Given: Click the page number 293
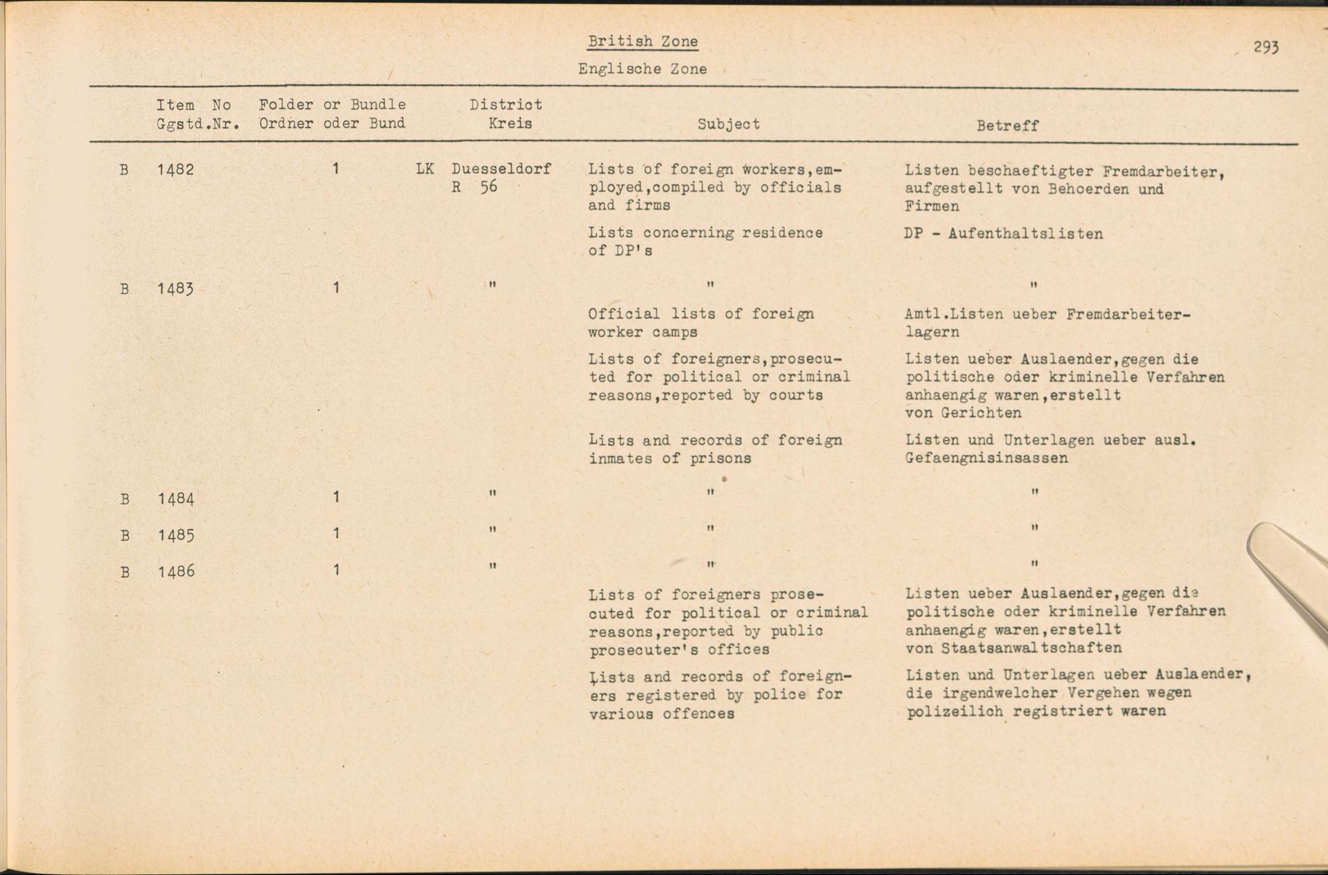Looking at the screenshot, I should [x=1266, y=47].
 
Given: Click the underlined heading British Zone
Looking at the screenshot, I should [x=643, y=41].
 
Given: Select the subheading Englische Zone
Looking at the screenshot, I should [x=642, y=69].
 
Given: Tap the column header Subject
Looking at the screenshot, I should [x=728, y=124].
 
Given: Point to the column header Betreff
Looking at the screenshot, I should [x=1007, y=125].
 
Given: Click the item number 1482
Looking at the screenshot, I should [x=176, y=170].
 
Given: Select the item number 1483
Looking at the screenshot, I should [x=176, y=289].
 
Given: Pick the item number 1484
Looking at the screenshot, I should [x=176, y=498].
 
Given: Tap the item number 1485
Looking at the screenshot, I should [x=176, y=534].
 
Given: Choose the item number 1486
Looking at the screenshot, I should [x=176, y=571].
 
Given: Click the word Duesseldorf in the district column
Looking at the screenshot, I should [x=501, y=169].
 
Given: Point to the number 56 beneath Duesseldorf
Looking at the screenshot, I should [x=489, y=187].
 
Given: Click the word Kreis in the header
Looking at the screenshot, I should [x=510, y=123].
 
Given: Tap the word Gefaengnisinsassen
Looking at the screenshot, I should [x=986, y=458].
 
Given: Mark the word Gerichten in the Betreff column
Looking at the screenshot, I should [x=971, y=413].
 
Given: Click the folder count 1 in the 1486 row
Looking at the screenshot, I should [x=337, y=570].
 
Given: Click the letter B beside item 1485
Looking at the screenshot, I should [x=124, y=535].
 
